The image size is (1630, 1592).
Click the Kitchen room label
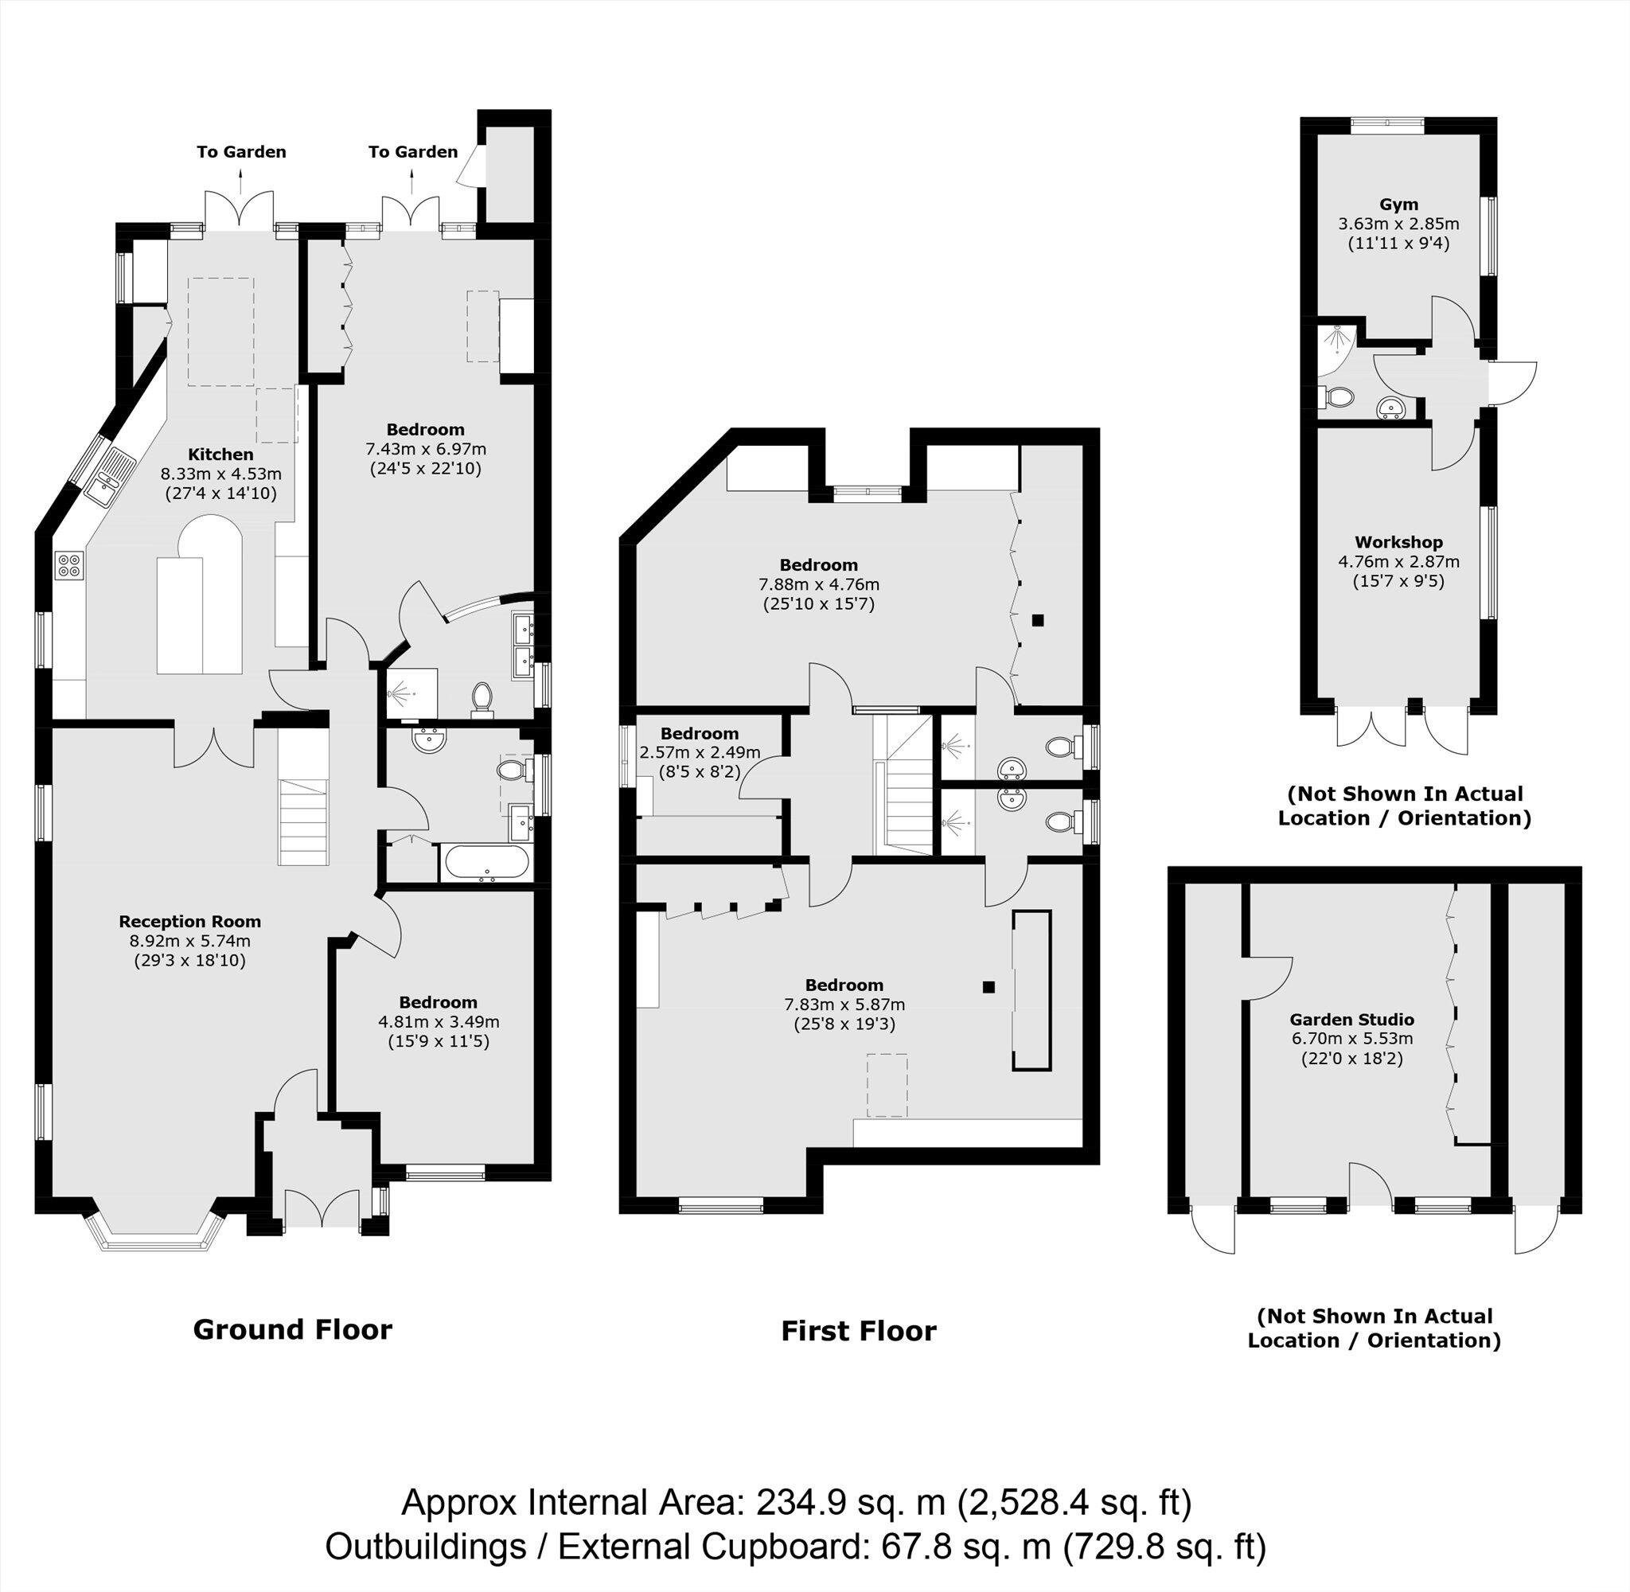point(220,455)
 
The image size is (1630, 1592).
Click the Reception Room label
point(189,922)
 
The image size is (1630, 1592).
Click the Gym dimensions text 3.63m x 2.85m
point(1398,224)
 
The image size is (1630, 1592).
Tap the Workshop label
point(1398,542)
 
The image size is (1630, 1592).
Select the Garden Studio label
point(1351,1019)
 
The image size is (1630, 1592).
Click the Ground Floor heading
point(293,1329)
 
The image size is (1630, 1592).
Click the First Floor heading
point(859,1331)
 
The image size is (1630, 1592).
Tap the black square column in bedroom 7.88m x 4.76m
point(1037,619)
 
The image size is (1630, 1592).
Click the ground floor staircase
point(303,822)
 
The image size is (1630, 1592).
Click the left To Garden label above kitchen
point(242,152)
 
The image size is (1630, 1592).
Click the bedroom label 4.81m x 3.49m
point(438,1002)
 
